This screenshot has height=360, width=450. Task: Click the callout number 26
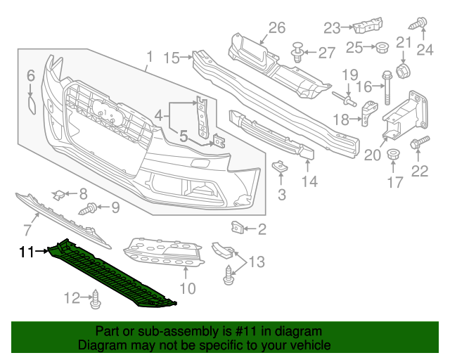[276, 27]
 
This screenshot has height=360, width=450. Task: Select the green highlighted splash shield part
[112, 275]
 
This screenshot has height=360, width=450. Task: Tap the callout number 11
[26, 251]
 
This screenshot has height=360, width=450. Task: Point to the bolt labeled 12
[95, 300]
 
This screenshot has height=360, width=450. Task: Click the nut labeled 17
[394, 156]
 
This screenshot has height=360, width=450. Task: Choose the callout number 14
[310, 181]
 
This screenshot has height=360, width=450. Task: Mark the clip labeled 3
[280, 167]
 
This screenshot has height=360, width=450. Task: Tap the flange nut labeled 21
[404, 70]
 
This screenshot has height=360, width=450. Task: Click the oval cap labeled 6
[31, 104]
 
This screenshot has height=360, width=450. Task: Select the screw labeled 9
[91, 208]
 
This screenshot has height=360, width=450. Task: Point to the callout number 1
[148, 56]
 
